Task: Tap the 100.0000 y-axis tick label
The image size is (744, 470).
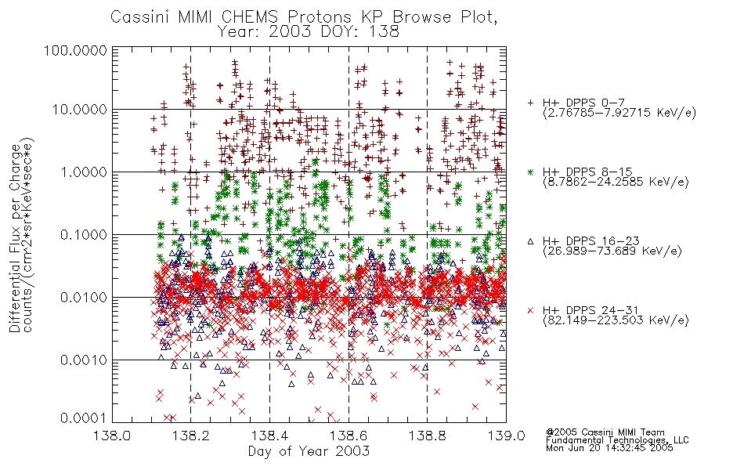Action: coord(76,51)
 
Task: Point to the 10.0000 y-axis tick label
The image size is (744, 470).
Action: coord(80,110)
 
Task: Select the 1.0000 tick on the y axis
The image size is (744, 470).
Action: coord(84,172)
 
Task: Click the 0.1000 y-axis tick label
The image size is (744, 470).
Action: coord(84,235)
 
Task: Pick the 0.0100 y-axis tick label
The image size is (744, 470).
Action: coord(84,298)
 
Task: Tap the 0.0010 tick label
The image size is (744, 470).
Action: coord(84,360)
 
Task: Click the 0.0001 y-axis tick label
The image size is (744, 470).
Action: coord(84,418)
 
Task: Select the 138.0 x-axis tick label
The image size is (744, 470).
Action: coord(113,436)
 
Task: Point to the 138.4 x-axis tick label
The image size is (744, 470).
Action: coord(270,436)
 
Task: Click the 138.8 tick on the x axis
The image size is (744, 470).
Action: coord(427,436)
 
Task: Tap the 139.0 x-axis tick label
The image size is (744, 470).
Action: coord(506,436)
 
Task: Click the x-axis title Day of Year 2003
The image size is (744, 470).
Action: coord(309,451)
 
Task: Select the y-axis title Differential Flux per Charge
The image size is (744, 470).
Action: coord(15,238)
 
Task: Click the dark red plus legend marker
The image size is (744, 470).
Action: coord(530,102)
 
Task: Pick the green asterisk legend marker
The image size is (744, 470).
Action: coord(530,172)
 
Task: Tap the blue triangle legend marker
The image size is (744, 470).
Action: coord(530,241)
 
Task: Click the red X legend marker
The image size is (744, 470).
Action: coord(530,310)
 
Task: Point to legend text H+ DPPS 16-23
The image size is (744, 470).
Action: coord(591,240)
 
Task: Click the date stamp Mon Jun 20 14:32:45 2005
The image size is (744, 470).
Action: coord(609,448)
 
